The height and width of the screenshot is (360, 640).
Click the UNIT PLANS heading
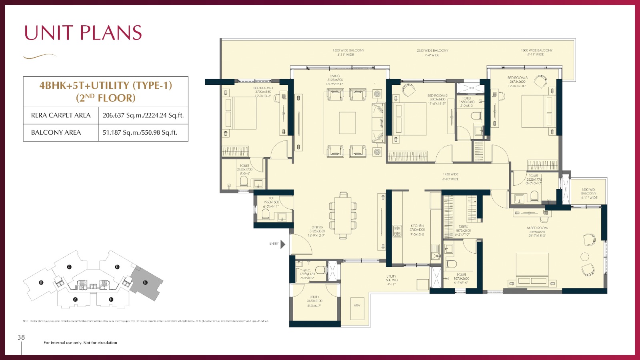(83, 33)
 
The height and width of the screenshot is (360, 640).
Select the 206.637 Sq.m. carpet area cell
(143, 115)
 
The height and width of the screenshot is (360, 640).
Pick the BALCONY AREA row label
(56, 132)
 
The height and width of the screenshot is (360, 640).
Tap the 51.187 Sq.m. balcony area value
(140, 132)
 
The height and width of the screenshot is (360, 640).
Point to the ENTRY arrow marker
(283, 244)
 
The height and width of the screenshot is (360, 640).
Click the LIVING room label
(335, 76)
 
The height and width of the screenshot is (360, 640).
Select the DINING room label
(317, 227)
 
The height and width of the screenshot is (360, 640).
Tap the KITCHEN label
(417, 226)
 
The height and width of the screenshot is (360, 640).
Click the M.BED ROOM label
(537, 228)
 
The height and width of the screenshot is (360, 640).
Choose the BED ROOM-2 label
(437, 96)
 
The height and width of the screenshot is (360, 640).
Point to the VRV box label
(357, 306)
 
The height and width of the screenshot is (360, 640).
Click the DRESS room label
(463, 227)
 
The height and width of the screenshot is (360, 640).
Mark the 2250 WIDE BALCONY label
(432, 51)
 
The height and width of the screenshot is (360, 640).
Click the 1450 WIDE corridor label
(450, 175)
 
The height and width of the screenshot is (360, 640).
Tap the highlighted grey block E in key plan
(146, 283)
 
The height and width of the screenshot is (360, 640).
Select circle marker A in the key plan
(75, 299)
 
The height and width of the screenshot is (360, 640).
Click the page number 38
(21, 337)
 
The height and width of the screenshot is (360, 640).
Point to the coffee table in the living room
(347, 123)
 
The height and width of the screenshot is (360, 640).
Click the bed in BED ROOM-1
(240, 113)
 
